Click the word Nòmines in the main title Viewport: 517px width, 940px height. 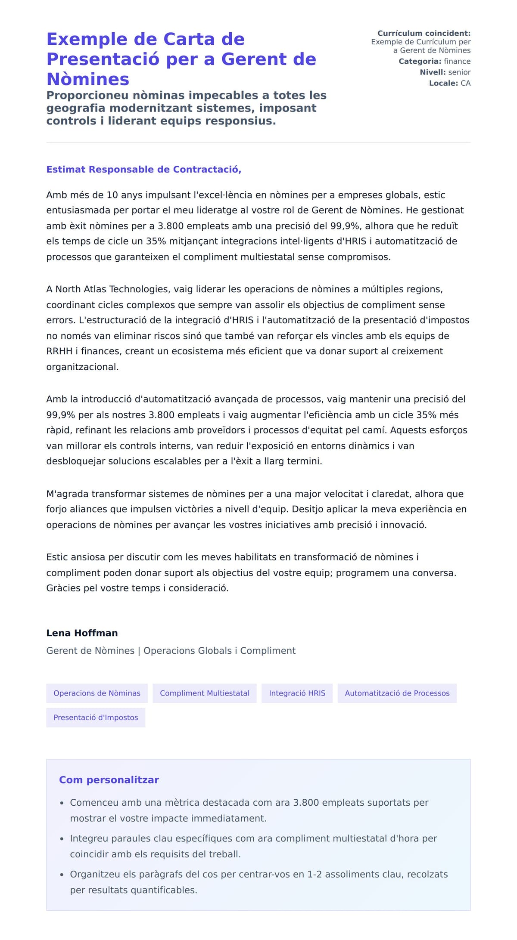click(x=88, y=79)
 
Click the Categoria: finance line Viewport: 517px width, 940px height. click(x=434, y=61)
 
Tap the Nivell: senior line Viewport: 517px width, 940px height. click(x=445, y=72)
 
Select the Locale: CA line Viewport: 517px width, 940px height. click(x=449, y=83)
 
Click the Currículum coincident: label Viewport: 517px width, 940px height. click(x=424, y=33)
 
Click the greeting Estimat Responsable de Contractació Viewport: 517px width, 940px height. click(x=143, y=170)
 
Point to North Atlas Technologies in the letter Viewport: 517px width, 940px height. click(x=112, y=289)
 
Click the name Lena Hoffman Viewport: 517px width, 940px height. click(x=82, y=633)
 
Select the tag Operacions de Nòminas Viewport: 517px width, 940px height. click(x=97, y=693)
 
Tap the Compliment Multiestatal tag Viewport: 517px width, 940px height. click(x=205, y=693)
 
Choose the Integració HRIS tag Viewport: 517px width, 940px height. click(x=297, y=693)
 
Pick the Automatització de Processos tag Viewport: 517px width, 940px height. click(x=397, y=693)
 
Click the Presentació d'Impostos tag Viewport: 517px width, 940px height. click(x=96, y=717)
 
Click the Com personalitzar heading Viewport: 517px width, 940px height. click(x=109, y=780)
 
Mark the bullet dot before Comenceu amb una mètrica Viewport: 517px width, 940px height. click(x=62, y=803)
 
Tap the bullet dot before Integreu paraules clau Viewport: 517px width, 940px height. click(x=62, y=839)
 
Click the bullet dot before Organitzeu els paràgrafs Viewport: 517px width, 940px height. click(x=62, y=875)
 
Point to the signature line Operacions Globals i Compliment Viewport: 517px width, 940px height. click(x=219, y=651)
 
